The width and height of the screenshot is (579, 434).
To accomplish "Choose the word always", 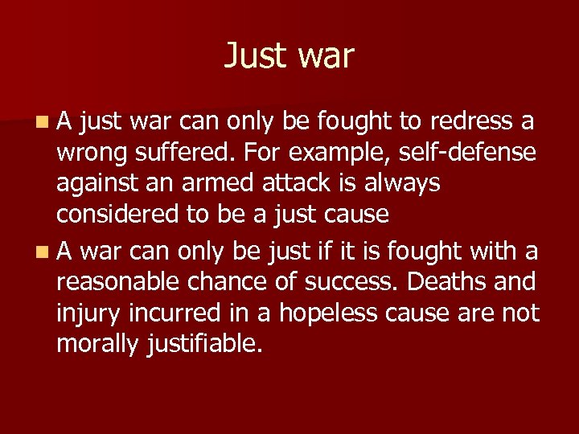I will click(403, 184).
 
